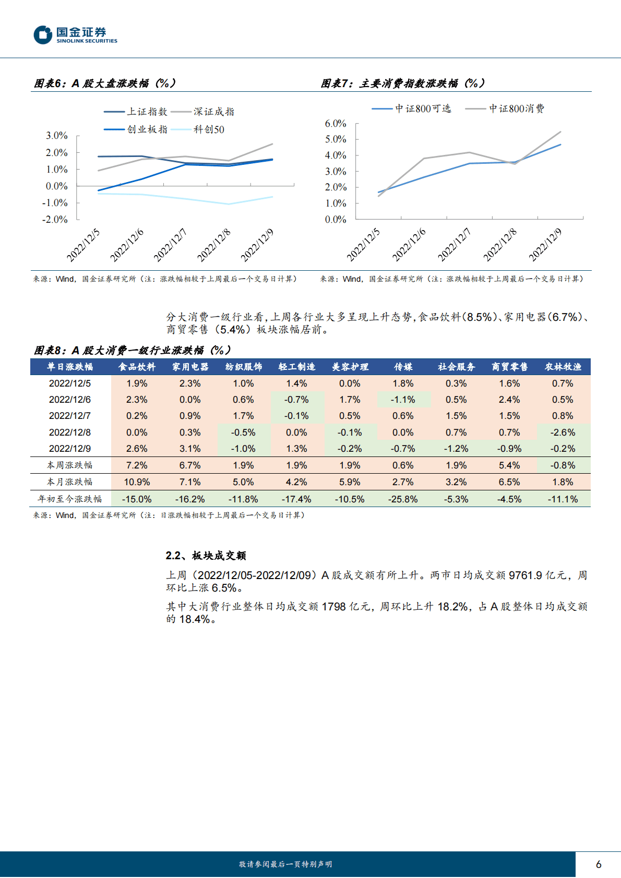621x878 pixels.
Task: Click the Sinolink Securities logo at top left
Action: pos(76,35)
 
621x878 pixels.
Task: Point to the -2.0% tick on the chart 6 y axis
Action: pos(55,220)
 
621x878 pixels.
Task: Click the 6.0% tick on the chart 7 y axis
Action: pos(335,124)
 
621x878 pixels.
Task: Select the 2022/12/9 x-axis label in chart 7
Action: pos(545,245)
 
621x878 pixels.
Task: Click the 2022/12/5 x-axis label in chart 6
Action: pos(83,245)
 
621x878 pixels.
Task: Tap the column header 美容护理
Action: pos(350,367)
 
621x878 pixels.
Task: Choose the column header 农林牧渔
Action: pos(563,367)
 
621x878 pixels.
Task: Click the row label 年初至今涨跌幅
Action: pos(70,499)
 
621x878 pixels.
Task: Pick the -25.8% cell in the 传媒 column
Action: pos(403,499)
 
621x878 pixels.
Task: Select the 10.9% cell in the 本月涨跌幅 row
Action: pos(137,482)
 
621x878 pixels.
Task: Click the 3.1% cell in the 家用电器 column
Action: pos(190,449)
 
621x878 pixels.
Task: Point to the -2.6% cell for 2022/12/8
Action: pos(563,432)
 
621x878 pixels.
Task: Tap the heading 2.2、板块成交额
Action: pos(206,556)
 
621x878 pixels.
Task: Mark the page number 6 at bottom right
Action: pos(598,864)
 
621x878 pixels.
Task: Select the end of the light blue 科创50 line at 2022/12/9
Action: pos(272,197)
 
